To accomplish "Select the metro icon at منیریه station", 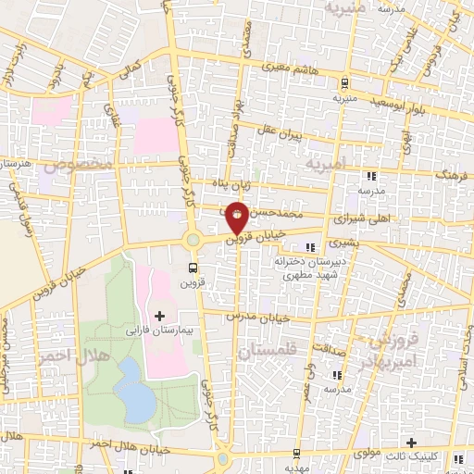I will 345,81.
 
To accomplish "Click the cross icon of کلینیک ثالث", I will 413,443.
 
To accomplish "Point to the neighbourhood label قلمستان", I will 263,353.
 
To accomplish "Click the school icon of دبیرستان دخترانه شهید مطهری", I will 309,248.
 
